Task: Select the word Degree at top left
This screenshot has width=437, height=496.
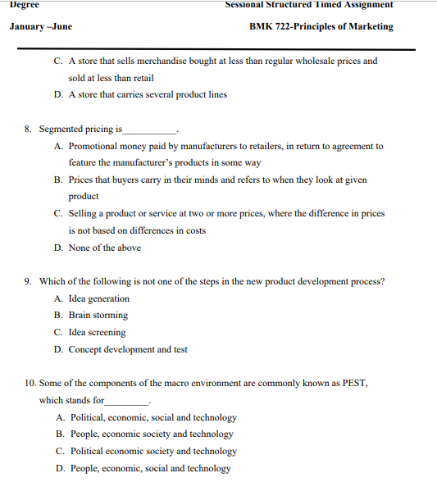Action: tap(25, 5)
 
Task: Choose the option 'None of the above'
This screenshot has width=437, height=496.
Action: tap(104, 248)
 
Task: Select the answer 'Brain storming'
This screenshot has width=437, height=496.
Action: tap(98, 315)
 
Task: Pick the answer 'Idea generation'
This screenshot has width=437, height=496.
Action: tap(98, 298)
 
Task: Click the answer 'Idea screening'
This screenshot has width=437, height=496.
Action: tap(97, 332)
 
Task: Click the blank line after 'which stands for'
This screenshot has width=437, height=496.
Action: tap(127, 403)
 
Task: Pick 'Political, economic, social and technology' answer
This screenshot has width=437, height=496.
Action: tap(152, 417)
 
